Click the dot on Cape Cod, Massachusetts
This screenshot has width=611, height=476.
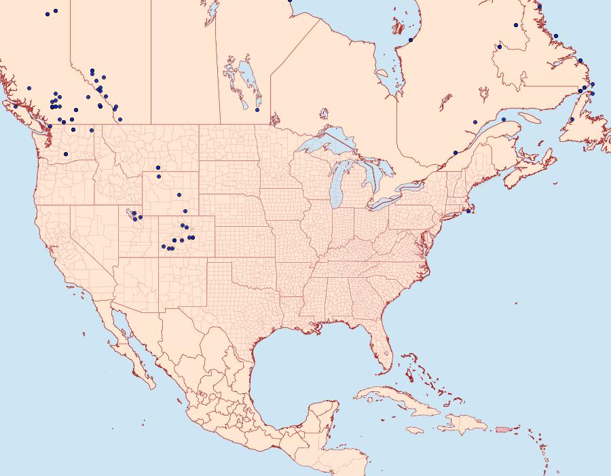468,211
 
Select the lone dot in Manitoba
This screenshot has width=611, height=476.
257,109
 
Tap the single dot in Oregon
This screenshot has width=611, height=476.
66,154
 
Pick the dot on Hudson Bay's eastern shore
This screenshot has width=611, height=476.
411,40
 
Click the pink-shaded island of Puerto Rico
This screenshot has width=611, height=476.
503,428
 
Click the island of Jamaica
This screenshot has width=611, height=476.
415,431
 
